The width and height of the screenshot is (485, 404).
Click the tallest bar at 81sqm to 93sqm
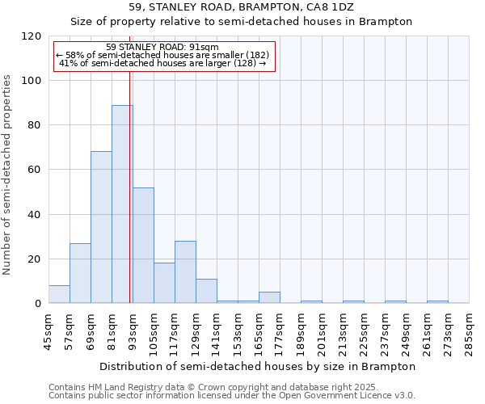[x=121, y=204]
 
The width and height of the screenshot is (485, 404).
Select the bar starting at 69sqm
[x=101, y=227]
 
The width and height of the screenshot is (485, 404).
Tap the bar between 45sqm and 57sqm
[x=59, y=294]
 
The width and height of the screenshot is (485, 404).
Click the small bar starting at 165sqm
[x=269, y=297]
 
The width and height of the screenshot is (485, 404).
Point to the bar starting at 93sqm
[x=143, y=245]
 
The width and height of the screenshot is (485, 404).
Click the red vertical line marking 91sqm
[x=130, y=186]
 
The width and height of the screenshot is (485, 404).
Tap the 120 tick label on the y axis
[x=31, y=36]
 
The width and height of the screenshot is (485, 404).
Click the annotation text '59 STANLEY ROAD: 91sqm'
[x=162, y=48]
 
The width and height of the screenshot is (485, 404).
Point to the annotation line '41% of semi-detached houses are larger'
[x=162, y=63]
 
